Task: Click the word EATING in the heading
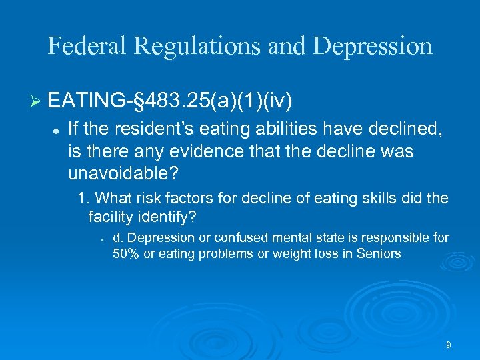coord(85,102)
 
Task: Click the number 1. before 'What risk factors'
coord(83,198)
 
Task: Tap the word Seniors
coord(380,254)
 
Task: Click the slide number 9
coord(449,345)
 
